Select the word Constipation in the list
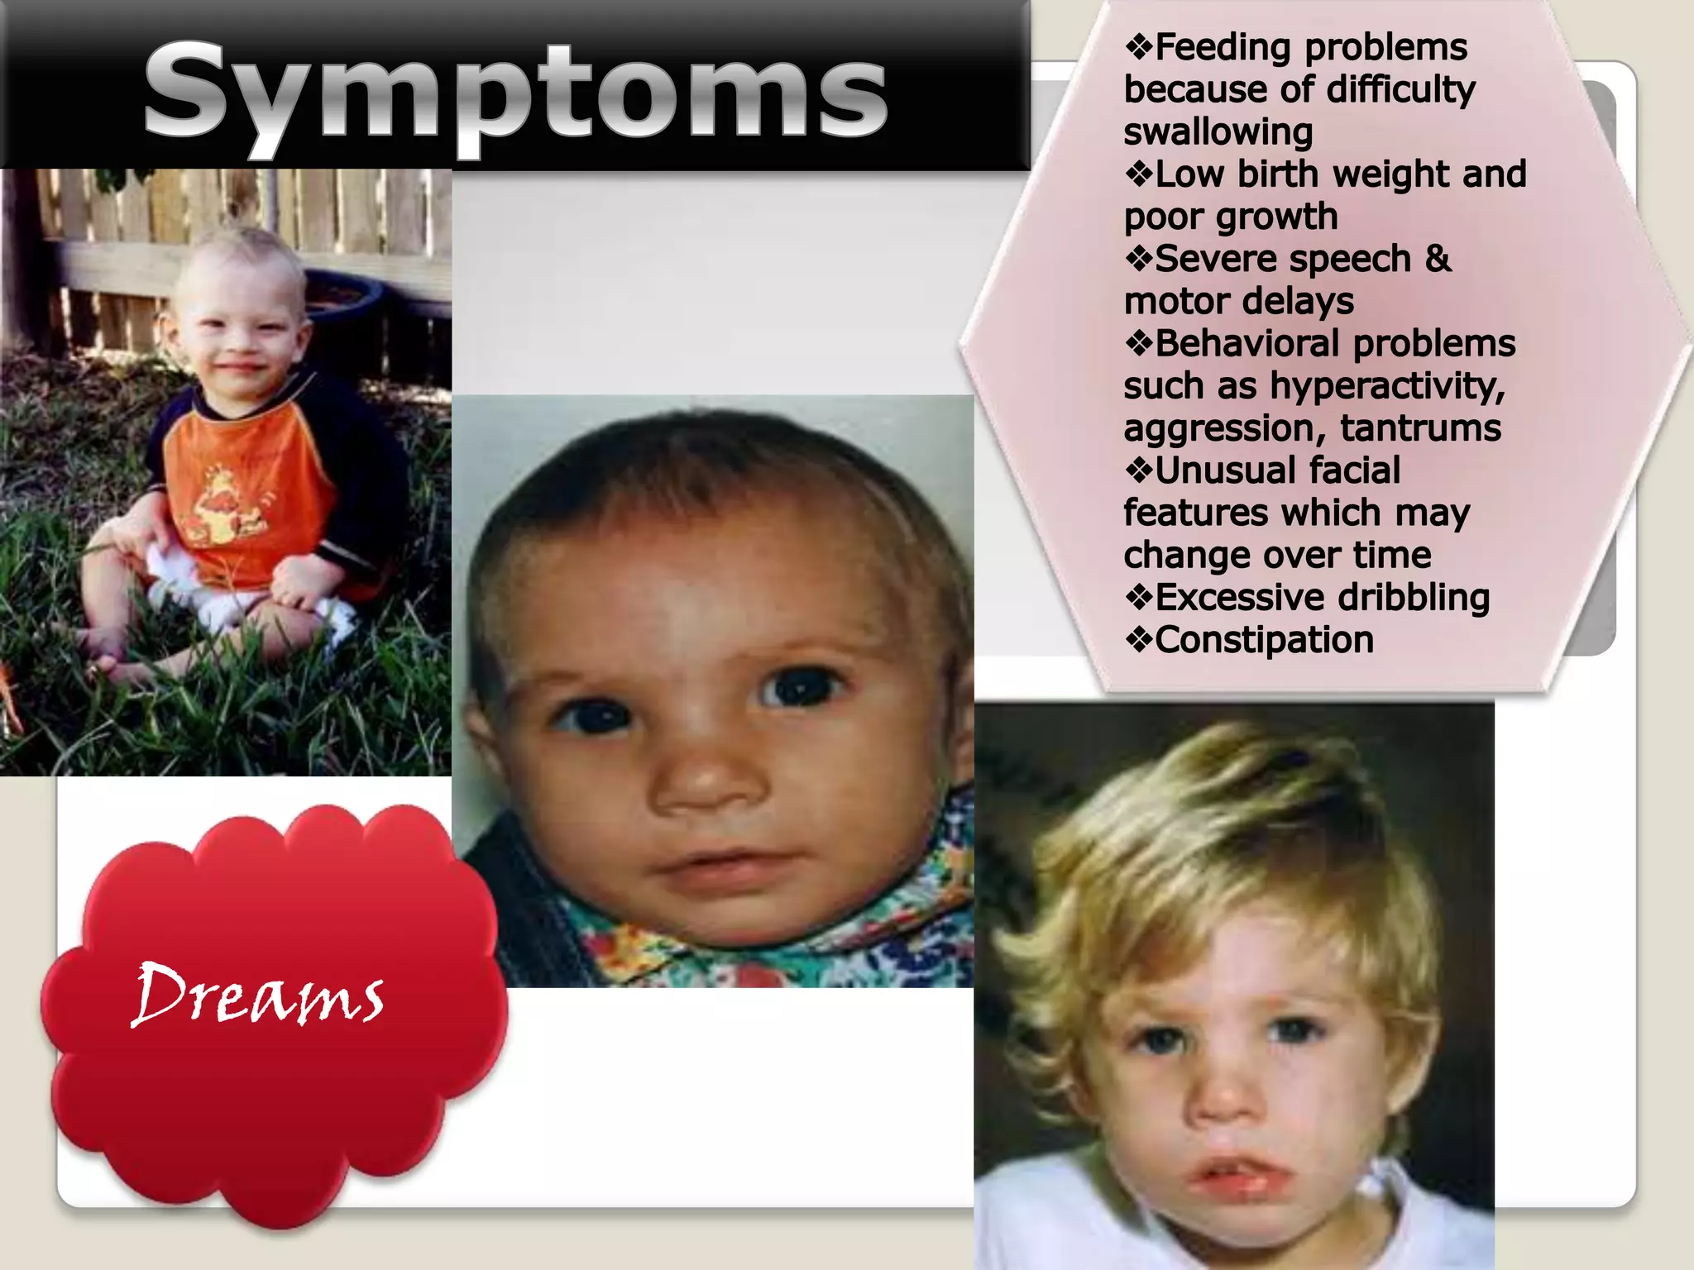point(1264,640)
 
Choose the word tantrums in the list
point(1420,428)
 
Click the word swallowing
point(1218,132)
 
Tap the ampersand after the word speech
point(1438,259)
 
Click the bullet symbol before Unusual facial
point(1139,470)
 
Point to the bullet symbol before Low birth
point(1139,174)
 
